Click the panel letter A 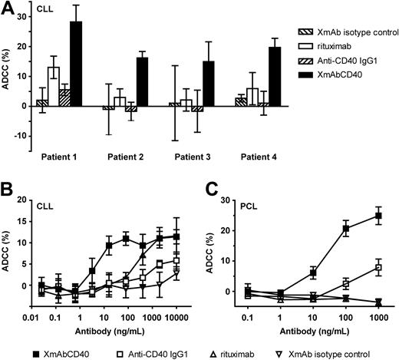[7, 8]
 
